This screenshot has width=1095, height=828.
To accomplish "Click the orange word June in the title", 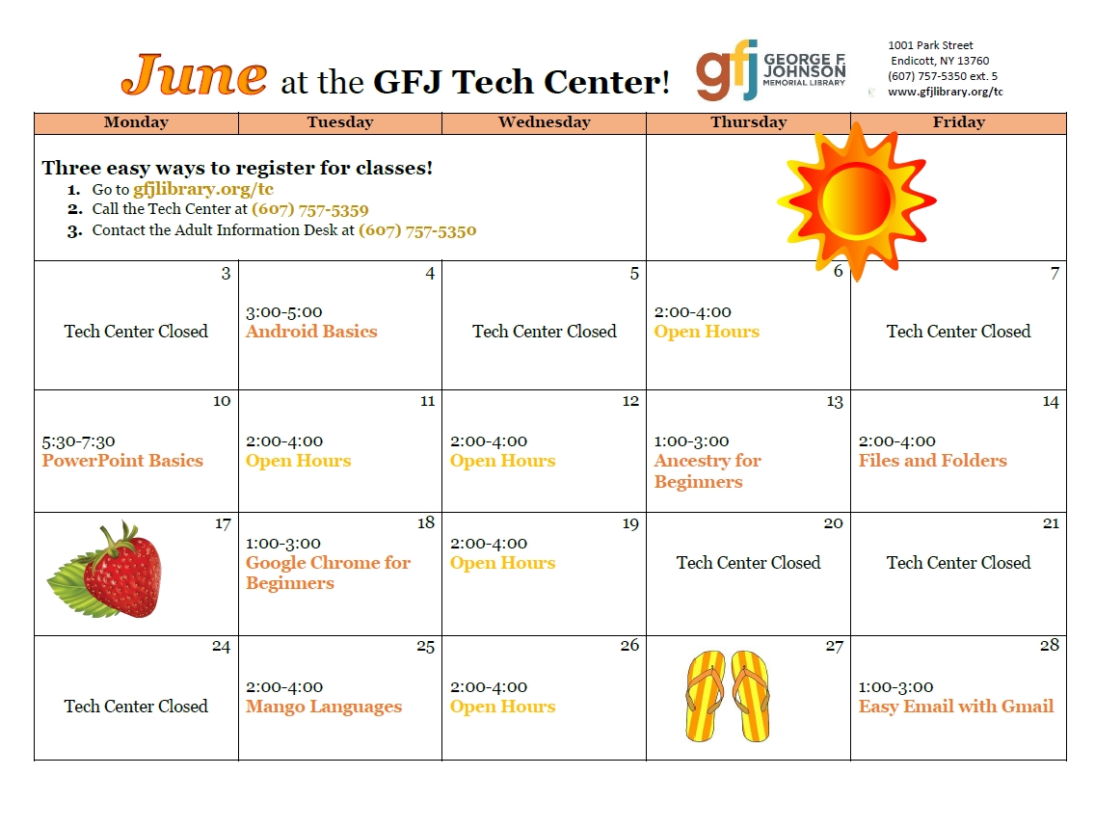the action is coord(194,74).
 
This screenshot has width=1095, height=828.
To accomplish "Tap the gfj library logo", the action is coord(770,69).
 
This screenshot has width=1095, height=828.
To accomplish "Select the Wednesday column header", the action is coord(544,122).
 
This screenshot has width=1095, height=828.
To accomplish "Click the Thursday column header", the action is coord(749,122).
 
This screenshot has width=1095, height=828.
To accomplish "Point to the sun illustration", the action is coord(856,201).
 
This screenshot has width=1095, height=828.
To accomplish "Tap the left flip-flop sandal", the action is coord(706,695).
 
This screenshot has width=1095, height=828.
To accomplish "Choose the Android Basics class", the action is coord(311,331).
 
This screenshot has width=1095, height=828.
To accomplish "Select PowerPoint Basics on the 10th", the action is coord(122,461).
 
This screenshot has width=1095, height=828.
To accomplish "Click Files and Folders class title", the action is coord(932,461).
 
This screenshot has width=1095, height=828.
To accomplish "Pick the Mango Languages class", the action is coord(324,707).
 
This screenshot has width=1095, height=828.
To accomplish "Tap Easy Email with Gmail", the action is coord(956,707).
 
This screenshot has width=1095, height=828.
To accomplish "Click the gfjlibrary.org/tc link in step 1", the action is coord(203,189).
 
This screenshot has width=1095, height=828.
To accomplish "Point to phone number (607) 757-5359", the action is coord(310,209).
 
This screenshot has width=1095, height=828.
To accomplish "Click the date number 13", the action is coord(835,402).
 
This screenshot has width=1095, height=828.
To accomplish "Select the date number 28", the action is coord(1050,645).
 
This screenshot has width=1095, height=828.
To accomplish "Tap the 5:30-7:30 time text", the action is coord(78,441).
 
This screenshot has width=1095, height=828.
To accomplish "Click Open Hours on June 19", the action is coord(503,563).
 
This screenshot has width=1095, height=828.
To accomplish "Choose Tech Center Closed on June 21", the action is coord(958,563).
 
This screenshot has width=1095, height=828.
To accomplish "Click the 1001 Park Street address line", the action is coord(930,45).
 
